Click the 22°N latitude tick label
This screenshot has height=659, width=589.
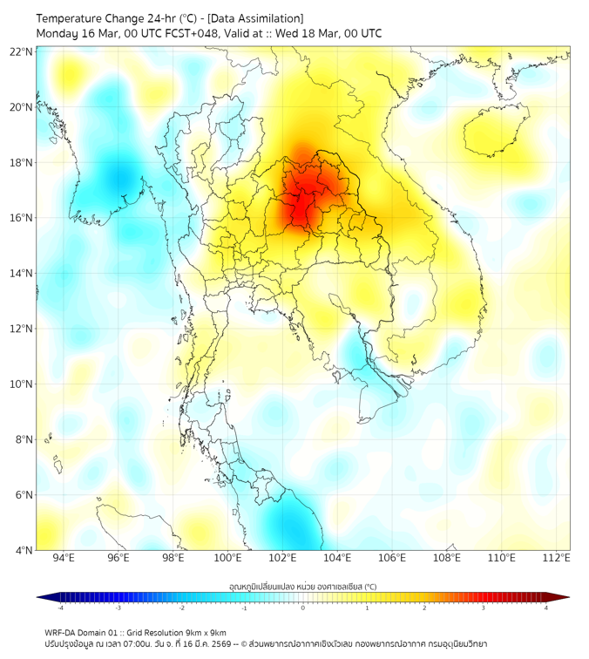pyautogui.click(x=22, y=51)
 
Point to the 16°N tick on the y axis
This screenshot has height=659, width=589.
pyautogui.click(x=22, y=218)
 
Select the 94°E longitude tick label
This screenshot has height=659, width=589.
pyautogui.click(x=64, y=558)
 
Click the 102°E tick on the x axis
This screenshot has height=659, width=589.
pyautogui.click(x=283, y=558)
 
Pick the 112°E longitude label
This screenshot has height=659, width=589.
pyautogui.click(x=557, y=558)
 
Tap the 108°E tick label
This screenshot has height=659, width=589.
pyautogui.click(x=447, y=558)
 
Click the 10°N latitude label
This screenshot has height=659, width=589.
pyautogui.click(x=22, y=384)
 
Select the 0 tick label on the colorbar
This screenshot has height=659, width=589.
pyautogui.click(x=302, y=608)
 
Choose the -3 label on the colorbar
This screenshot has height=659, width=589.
pyautogui.click(x=118, y=608)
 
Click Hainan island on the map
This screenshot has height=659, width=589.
pyautogui.click(x=498, y=132)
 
